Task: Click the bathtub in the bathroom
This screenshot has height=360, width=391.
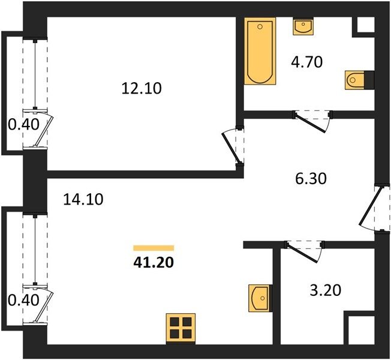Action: [260, 51]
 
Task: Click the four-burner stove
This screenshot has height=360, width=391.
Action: [181, 329]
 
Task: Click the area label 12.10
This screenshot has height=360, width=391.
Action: [142, 88]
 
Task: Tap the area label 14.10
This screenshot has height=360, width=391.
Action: [83, 200]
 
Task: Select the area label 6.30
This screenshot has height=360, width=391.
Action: [311, 179]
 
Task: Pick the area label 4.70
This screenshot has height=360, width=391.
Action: [306, 62]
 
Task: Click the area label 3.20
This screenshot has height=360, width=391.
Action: [326, 290]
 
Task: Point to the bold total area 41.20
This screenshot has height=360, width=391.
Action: [154, 262]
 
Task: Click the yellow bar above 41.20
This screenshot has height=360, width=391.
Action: [154, 248]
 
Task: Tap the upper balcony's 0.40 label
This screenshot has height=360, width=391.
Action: [23, 124]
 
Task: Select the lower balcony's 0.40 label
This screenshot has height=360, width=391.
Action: [23, 300]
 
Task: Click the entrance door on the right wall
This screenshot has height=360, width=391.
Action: [374, 209]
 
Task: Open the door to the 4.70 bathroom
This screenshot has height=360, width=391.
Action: [313, 121]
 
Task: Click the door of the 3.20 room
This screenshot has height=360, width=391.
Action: [305, 251]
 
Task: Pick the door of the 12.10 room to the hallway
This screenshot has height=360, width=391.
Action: [233, 146]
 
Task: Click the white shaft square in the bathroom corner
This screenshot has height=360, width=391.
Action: [366, 25]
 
